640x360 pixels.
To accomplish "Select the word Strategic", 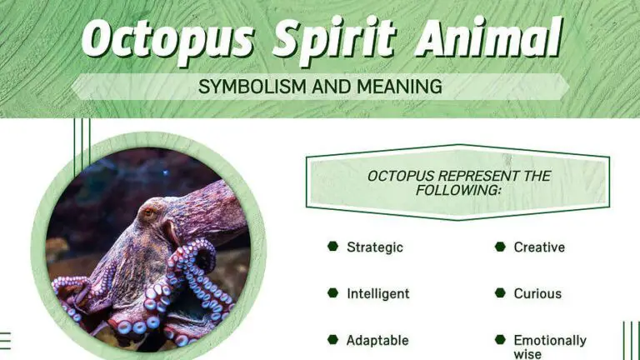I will pos(375,247).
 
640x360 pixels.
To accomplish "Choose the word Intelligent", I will pos(378,293).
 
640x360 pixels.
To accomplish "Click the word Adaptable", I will pos(377,340).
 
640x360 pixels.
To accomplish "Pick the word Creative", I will pos(539,247).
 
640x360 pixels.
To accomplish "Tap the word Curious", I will pos(537,293).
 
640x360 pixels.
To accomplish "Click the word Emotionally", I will pos(549,340).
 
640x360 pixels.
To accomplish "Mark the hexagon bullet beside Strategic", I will pos(332,247).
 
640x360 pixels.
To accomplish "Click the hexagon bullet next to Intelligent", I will pos(332,293).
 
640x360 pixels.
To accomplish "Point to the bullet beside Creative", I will pos(500,247).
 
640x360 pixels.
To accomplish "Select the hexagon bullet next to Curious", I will pos(500,293).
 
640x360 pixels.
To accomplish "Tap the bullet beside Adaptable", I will pos(332,340).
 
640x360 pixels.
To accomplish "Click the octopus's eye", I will pos(149,212).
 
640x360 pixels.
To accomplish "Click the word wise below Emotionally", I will pos(527,354).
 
